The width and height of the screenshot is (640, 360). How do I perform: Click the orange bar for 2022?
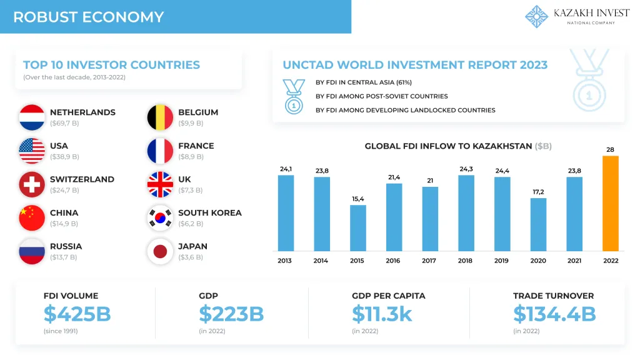pos(610,203)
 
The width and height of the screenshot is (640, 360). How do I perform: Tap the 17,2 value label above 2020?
pos(538,191)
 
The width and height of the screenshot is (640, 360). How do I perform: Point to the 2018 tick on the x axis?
pos(466,261)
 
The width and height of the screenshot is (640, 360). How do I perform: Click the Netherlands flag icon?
pos(32,117)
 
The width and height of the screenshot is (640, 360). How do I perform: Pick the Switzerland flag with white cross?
pos(32,184)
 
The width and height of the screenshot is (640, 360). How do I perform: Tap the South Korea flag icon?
pos(160,217)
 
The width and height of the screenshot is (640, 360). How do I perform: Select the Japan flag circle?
pos(160,251)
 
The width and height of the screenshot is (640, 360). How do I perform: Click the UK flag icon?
pos(160,184)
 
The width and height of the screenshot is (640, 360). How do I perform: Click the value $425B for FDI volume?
pos(77,314)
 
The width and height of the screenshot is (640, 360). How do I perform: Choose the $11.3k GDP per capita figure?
pos(382,314)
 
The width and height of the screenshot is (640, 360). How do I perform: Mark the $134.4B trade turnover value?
pos(554,314)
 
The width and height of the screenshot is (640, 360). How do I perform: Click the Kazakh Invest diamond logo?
pos(536,17)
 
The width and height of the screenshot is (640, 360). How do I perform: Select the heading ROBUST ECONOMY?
pos(88,17)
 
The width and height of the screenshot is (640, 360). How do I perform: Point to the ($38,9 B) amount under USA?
pos(64,156)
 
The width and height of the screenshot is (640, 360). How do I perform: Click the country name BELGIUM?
pos(198,112)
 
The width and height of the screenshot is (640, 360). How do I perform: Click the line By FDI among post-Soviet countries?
pos(381,96)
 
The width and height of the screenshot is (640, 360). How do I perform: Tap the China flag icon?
pos(32,217)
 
